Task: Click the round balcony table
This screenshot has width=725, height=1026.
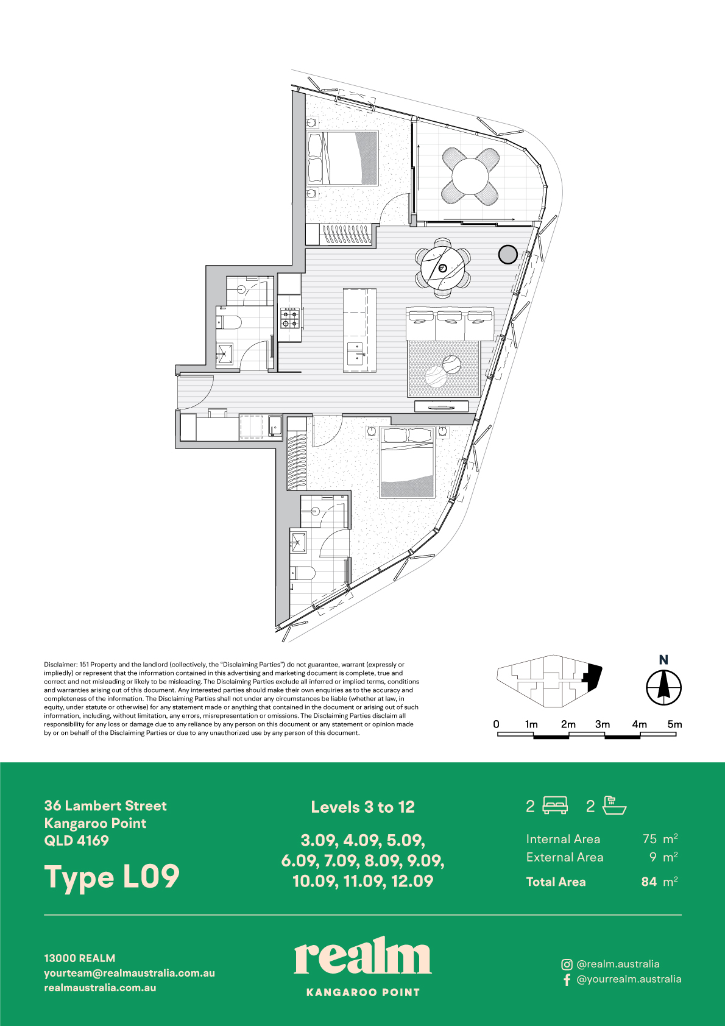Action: [470, 176]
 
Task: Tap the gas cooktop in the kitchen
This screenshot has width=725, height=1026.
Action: [290, 318]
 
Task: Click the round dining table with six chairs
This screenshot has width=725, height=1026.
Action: [442, 268]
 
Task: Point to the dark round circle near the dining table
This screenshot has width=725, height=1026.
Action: [507, 254]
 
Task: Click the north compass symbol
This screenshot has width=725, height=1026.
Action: [663, 687]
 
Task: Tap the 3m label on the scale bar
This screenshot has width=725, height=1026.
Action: [603, 724]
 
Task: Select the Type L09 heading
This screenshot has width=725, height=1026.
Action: [111, 877]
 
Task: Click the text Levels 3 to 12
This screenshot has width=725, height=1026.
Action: [362, 807]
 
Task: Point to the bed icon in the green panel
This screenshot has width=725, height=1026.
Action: [555, 805]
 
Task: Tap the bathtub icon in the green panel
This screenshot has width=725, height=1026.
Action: [614, 805]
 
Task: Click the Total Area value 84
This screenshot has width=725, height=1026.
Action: [649, 882]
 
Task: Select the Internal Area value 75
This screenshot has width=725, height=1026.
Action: [649, 839]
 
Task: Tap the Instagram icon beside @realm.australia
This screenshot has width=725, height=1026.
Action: [567, 964]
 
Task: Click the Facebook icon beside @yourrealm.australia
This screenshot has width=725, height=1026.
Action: [567, 979]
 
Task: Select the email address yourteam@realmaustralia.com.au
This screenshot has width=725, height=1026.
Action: [130, 973]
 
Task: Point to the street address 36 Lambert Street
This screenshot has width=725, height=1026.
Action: [105, 805]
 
